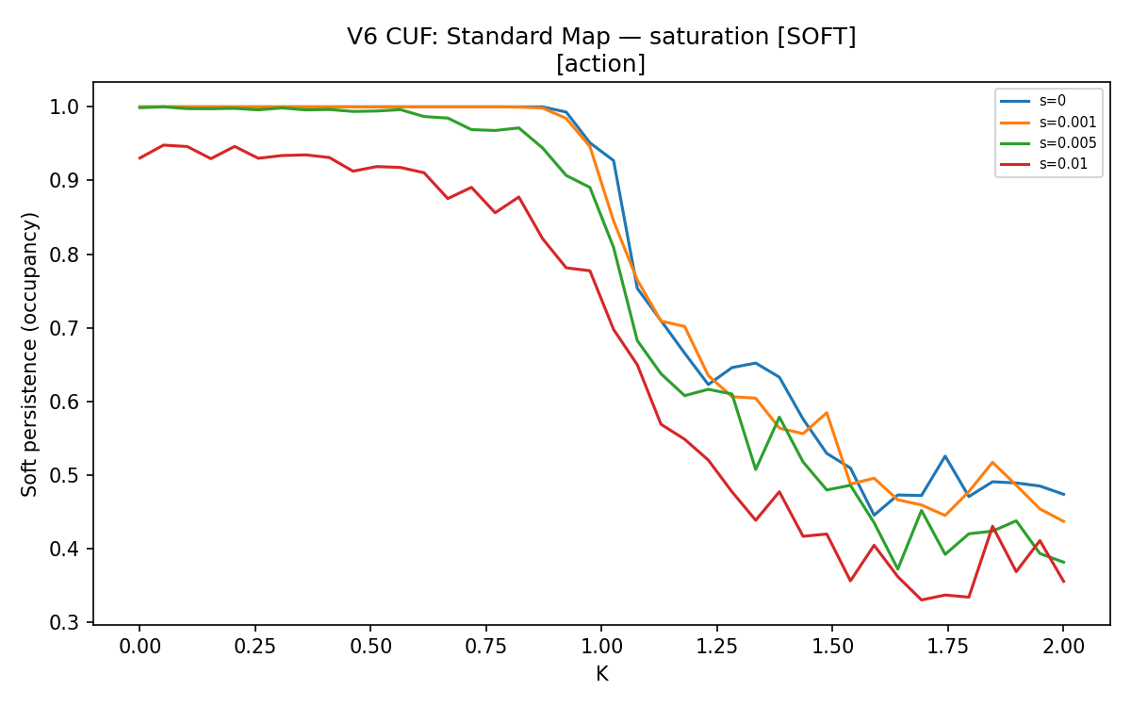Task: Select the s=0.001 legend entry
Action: pos(1048,123)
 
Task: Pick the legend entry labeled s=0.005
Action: pos(1048,143)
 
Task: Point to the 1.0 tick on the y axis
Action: pos(64,107)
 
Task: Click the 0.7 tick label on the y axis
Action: pos(64,328)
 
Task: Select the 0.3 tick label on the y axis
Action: pos(64,623)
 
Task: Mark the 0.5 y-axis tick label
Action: pos(64,476)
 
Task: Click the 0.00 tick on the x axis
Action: pos(139,647)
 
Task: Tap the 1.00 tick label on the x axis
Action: pos(601,647)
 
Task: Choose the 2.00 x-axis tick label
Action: pos(1063,647)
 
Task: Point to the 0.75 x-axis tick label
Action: pos(485,647)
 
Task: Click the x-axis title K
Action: pos(602,674)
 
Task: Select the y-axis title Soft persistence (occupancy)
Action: pos(29,354)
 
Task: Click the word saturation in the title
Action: pos(709,37)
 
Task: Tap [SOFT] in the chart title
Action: pos(816,37)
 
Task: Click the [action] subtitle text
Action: pos(601,64)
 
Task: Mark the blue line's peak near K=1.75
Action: pos(944,456)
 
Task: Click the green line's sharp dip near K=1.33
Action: pos(755,469)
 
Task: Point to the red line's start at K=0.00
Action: pos(139,158)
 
